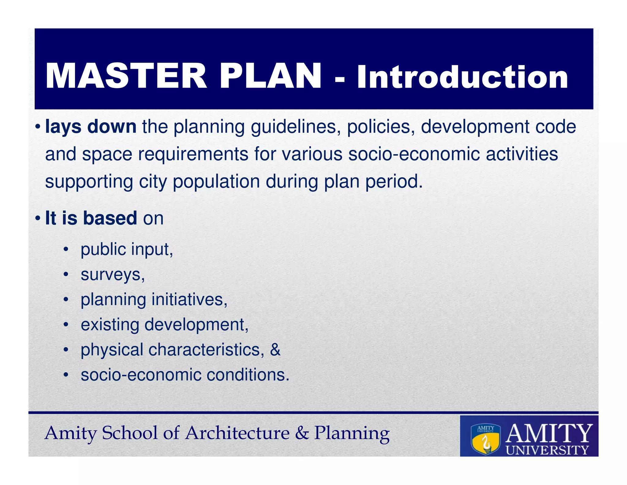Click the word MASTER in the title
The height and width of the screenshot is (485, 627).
click(x=126, y=76)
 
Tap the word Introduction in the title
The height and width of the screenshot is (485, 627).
click(x=462, y=77)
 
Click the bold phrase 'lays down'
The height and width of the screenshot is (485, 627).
click(x=91, y=127)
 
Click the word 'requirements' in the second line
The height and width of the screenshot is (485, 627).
click(x=193, y=154)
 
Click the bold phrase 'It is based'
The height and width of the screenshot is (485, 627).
click(x=91, y=218)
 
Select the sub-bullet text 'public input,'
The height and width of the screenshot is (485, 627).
click(x=127, y=250)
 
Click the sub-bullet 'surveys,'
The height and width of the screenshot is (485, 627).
click(x=113, y=275)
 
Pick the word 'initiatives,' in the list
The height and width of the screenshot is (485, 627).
click(x=190, y=300)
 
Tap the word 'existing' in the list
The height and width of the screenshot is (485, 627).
click(x=110, y=325)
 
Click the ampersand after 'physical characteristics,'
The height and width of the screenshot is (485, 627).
click(x=275, y=350)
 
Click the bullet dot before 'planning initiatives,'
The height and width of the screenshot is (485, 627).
click(x=66, y=300)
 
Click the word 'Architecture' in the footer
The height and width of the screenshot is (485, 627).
click(x=237, y=433)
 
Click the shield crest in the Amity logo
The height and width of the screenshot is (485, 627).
click(x=485, y=439)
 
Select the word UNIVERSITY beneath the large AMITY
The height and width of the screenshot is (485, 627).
click(x=547, y=450)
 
